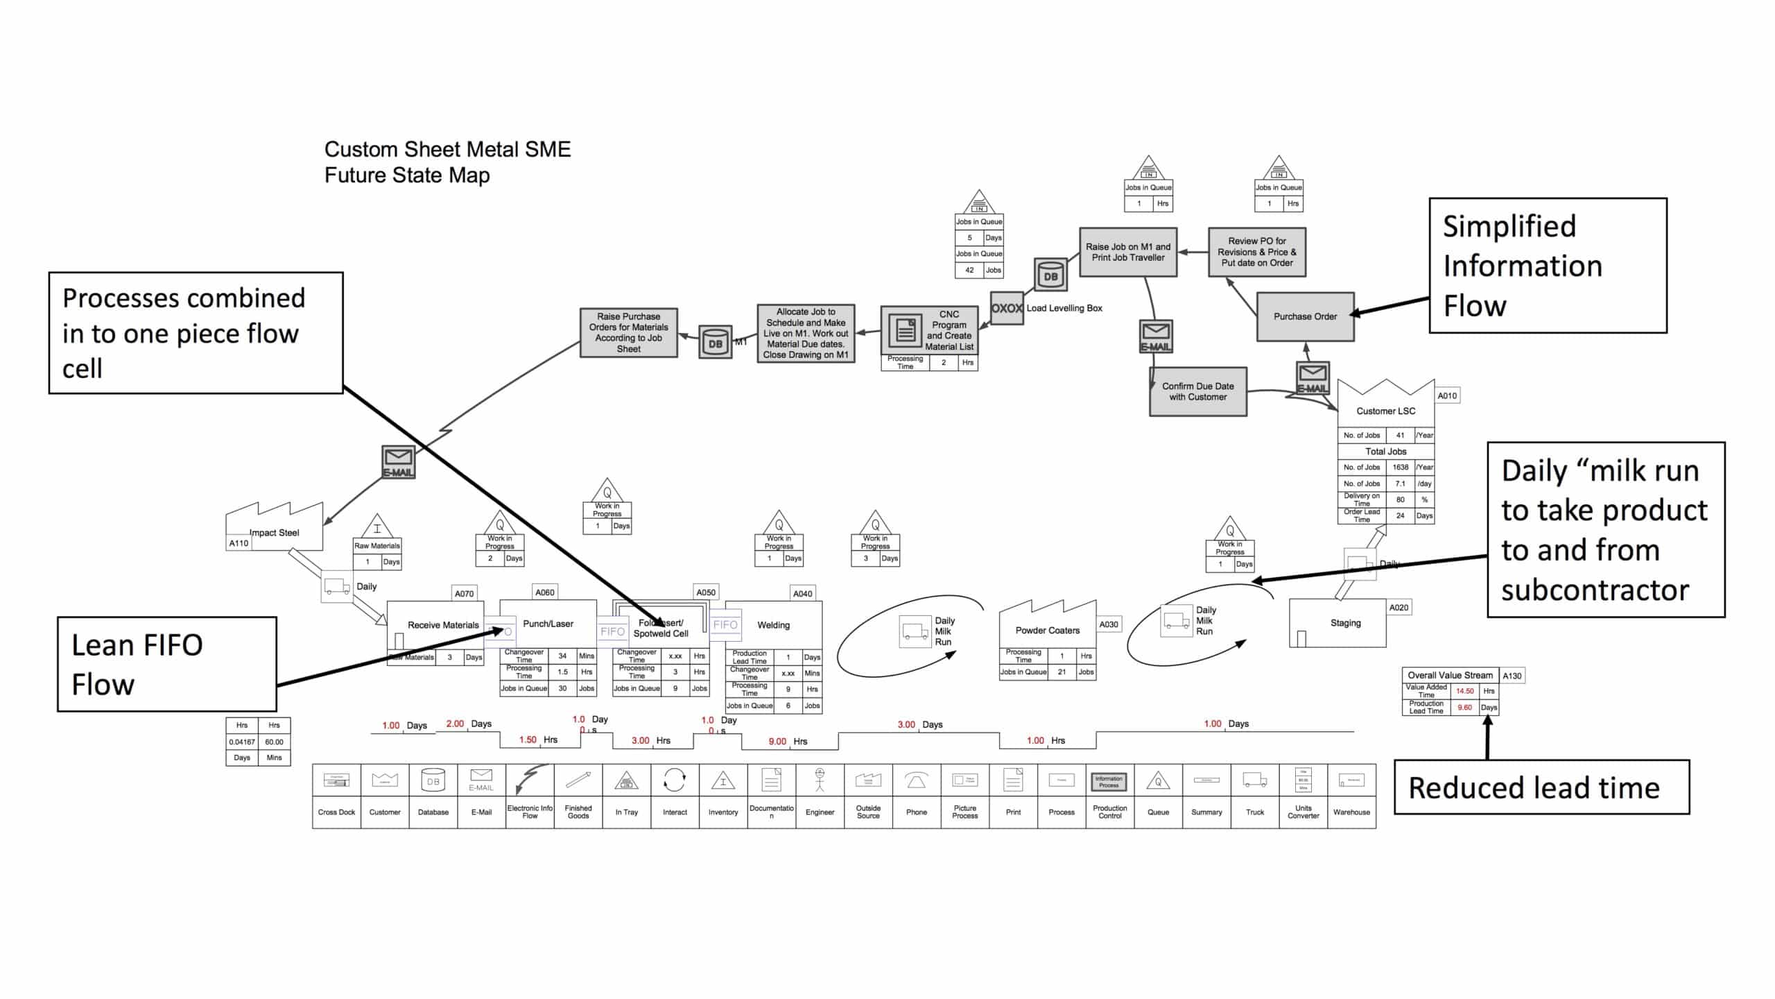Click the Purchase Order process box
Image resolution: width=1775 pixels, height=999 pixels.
tap(1305, 316)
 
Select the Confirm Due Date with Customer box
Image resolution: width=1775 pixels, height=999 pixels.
tap(1197, 392)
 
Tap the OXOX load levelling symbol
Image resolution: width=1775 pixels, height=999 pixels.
tap(1007, 308)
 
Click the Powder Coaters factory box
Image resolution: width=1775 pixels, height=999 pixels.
tap(1047, 630)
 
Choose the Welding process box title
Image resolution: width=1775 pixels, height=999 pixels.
tap(773, 625)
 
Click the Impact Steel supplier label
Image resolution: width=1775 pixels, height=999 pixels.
tap(275, 533)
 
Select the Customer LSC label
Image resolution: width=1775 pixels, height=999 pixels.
tap(1385, 411)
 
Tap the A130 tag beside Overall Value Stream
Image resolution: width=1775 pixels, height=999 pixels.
tap(1512, 676)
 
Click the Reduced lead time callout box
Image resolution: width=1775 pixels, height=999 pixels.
tap(1541, 787)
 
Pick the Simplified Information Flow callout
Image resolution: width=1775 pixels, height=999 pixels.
tap(1548, 266)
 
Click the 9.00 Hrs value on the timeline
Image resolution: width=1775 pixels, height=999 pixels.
tap(777, 742)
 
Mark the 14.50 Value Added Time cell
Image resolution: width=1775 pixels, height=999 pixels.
tap(1464, 691)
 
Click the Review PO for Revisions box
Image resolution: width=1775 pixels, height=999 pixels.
tap(1256, 252)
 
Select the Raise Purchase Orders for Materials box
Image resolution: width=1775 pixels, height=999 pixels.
tap(628, 332)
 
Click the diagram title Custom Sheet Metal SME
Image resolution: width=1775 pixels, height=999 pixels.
tap(447, 150)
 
